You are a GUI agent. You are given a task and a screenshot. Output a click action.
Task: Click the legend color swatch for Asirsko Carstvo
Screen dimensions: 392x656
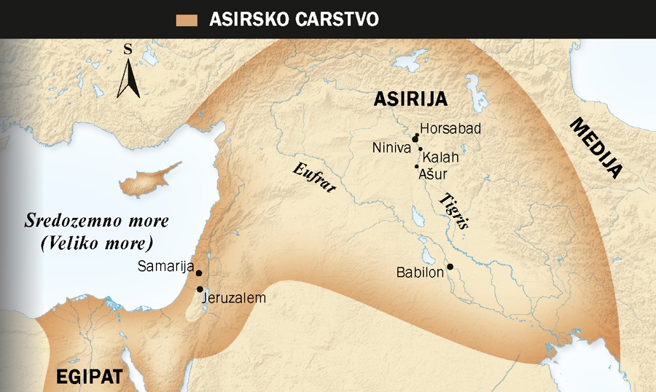[189, 20]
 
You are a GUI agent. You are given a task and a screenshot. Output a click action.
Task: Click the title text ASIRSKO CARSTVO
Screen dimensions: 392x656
[294, 20]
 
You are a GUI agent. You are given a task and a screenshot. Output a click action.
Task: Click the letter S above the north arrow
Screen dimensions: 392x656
[128, 50]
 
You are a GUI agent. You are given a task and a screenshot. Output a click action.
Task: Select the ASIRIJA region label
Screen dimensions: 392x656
[410, 99]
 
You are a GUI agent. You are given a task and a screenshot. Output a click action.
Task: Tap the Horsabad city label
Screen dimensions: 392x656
[451, 129]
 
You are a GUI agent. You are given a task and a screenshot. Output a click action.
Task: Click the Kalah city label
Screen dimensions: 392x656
[441, 157]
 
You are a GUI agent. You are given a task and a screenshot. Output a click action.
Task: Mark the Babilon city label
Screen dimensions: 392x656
[420, 273]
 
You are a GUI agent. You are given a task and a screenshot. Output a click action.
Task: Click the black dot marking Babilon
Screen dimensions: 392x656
[450, 267]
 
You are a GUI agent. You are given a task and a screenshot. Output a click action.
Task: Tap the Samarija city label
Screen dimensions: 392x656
[165, 266]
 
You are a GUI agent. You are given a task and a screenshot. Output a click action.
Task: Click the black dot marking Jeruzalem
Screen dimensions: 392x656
[200, 289]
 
